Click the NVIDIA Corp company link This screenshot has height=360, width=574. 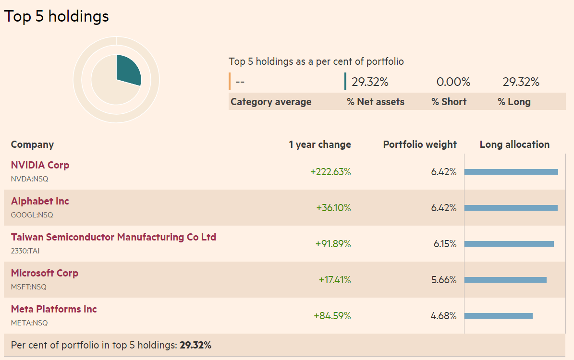(x=40, y=165)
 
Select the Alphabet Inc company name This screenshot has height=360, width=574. (x=40, y=201)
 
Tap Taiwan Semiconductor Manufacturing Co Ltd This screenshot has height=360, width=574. (x=113, y=237)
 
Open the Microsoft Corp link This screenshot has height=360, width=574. (x=44, y=273)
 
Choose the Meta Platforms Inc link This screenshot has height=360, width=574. (x=54, y=309)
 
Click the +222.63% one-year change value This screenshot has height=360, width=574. (x=330, y=172)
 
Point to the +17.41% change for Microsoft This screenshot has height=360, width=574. (x=335, y=280)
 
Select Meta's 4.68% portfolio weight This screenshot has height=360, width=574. (x=443, y=316)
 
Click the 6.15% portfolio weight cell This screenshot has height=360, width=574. (x=445, y=244)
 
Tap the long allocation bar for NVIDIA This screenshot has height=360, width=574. (x=511, y=172)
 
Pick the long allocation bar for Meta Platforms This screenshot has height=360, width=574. (x=498, y=316)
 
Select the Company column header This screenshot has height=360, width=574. (x=32, y=144)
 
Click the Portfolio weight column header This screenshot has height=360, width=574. (x=420, y=144)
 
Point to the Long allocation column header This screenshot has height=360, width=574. (x=514, y=144)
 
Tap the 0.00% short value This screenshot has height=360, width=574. (x=453, y=82)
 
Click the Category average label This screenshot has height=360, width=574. (x=271, y=102)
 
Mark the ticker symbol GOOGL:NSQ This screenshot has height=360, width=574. (x=32, y=215)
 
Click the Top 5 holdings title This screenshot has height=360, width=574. (x=57, y=16)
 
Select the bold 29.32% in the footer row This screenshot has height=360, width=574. (x=195, y=345)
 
